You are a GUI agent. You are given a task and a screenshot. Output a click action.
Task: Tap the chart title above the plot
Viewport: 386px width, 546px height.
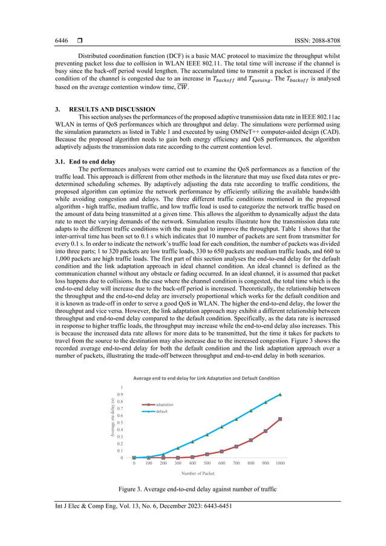(x=206, y=378)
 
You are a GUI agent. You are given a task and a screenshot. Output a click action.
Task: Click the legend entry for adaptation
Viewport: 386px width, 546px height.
(x=165, y=404)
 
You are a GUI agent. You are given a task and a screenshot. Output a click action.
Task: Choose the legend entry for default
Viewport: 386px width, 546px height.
(x=162, y=411)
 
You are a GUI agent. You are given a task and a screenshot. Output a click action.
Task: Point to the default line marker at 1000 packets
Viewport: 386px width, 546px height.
(x=280, y=394)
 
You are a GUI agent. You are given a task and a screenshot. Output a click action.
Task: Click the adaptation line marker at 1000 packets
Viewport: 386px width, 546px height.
(x=280, y=419)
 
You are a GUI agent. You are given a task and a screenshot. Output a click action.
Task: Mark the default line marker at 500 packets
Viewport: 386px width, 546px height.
(x=207, y=435)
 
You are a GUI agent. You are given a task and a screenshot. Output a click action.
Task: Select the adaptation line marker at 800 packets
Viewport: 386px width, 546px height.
(x=251, y=440)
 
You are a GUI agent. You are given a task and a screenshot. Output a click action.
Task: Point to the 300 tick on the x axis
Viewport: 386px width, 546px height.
(x=178, y=463)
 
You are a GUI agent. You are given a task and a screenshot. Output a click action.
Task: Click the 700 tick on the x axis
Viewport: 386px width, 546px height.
(x=237, y=463)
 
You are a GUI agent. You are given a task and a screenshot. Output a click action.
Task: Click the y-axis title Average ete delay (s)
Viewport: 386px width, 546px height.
(x=113, y=418)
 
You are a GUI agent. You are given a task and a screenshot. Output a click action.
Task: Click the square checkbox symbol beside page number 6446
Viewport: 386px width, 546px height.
(x=79, y=41)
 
